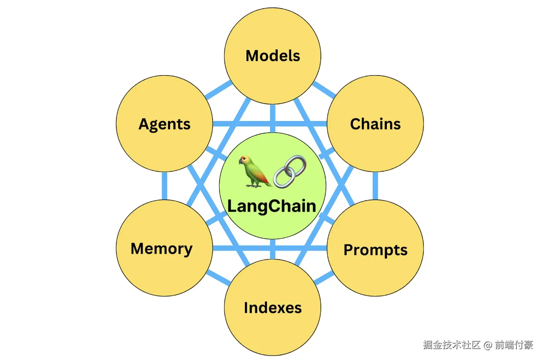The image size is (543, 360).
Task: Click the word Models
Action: point(273,56)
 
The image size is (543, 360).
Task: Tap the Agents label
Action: point(164,124)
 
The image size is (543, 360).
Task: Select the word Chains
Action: point(375,124)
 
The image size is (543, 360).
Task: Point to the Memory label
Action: point(162,249)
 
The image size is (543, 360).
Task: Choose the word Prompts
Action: point(375,250)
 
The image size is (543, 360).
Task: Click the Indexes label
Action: point(273,308)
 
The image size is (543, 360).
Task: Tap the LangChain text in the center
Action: point(272,206)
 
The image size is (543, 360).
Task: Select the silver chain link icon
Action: point(290,172)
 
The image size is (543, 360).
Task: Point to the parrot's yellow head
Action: point(245,160)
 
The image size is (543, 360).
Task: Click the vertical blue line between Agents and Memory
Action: point(165,185)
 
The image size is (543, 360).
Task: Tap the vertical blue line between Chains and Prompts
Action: point(375,185)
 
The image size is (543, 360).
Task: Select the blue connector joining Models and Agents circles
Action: point(218,90)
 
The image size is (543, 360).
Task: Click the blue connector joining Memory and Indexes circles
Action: point(218,277)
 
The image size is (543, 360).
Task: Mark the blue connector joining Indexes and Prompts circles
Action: point(324,278)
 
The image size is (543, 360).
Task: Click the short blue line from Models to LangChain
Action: point(273,118)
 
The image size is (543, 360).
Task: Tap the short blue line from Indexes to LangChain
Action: point(273,249)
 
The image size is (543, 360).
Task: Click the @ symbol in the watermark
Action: point(488,345)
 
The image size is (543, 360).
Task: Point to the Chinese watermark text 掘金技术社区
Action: point(452,345)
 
